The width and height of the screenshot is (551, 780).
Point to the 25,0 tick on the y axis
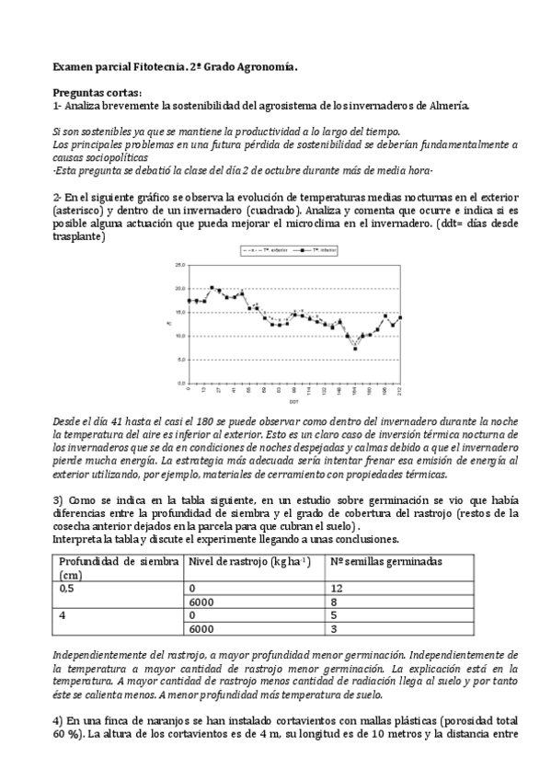178,265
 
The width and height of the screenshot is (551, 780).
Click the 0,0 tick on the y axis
178,383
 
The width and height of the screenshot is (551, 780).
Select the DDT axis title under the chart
293,402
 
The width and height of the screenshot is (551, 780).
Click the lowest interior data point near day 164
356,349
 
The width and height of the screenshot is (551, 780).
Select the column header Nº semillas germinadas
386,561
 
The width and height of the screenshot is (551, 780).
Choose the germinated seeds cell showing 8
334,601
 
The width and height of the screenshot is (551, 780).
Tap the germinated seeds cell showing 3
334,630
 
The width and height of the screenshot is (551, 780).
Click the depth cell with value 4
63,615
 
